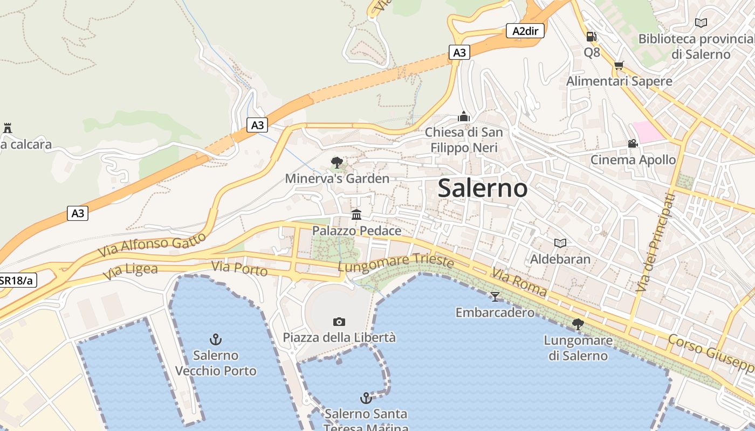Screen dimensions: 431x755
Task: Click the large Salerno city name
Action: [x=483, y=188]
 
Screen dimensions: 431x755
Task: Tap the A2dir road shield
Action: [x=525, y=31]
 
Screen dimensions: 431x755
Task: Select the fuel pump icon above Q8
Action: [x=592, y=37]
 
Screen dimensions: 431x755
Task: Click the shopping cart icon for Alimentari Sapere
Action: [x=619, y=66]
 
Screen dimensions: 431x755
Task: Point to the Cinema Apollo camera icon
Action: [x=633, y=144]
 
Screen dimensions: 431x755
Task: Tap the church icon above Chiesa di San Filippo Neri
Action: [x=463, y=116]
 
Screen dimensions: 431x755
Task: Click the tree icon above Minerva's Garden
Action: [x=337, y=162]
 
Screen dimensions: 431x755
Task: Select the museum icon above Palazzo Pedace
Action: [x=356, y=215]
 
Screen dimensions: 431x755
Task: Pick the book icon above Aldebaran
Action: [x=560, y=243]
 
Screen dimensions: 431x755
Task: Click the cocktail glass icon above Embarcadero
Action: [x=495, y=296]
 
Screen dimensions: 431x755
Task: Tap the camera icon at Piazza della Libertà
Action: [x=339, y=322]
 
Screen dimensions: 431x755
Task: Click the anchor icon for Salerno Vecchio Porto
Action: [x=216, y=339]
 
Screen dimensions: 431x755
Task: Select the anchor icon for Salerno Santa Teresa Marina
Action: [x=366, y=398]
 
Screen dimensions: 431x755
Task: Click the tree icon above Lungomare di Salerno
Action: [x=578, y=324]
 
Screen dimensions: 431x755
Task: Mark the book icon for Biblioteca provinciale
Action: [x=701, y=23]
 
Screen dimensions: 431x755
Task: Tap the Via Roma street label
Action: [x=519, y=282]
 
